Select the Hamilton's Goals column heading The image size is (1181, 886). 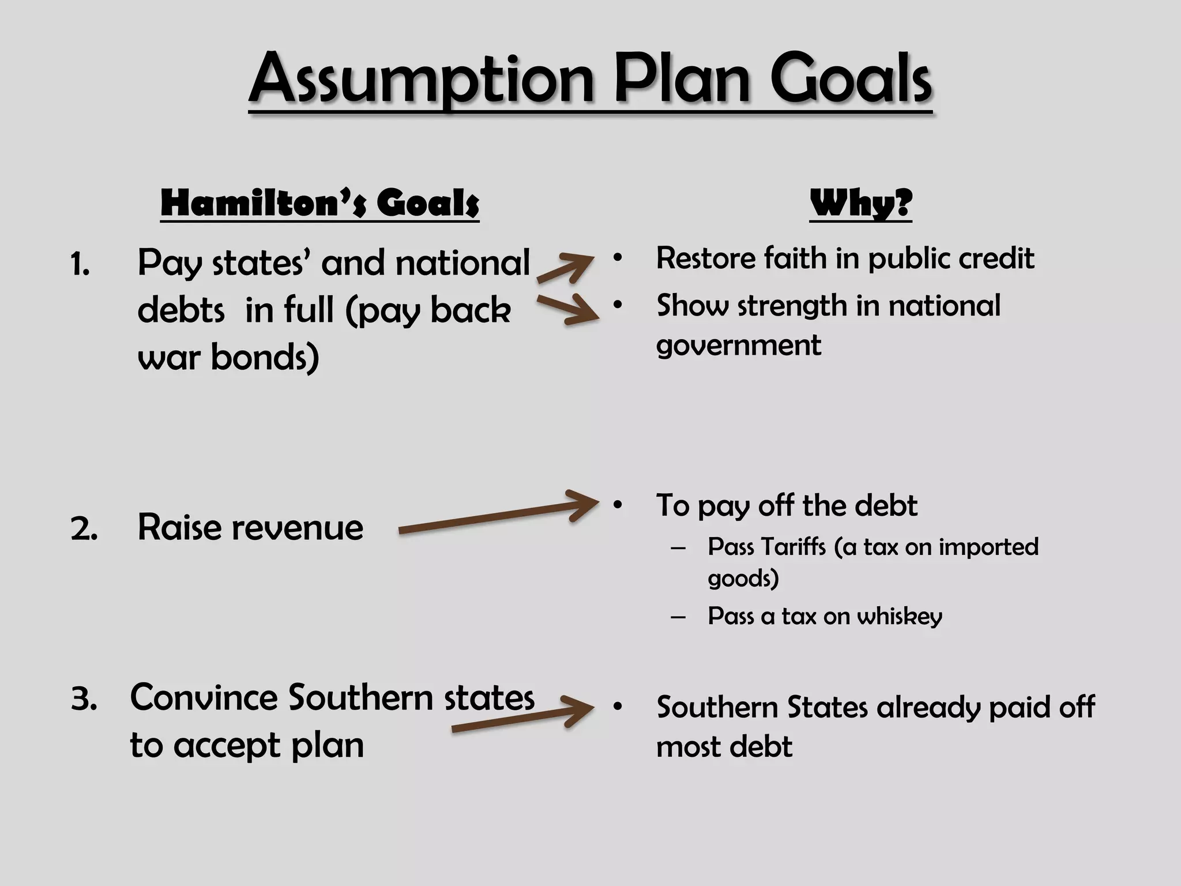tap(319, 203)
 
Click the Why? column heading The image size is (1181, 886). tap(860, 203)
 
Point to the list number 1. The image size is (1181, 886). tap(80, 266)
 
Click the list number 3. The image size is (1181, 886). tap(84, 700)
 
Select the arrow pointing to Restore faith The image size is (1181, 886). tap(565, 268)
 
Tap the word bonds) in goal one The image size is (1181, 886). tap(265, 358)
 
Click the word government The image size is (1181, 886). tap(739, 346)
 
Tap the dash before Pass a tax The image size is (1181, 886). tap(678, 617)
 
